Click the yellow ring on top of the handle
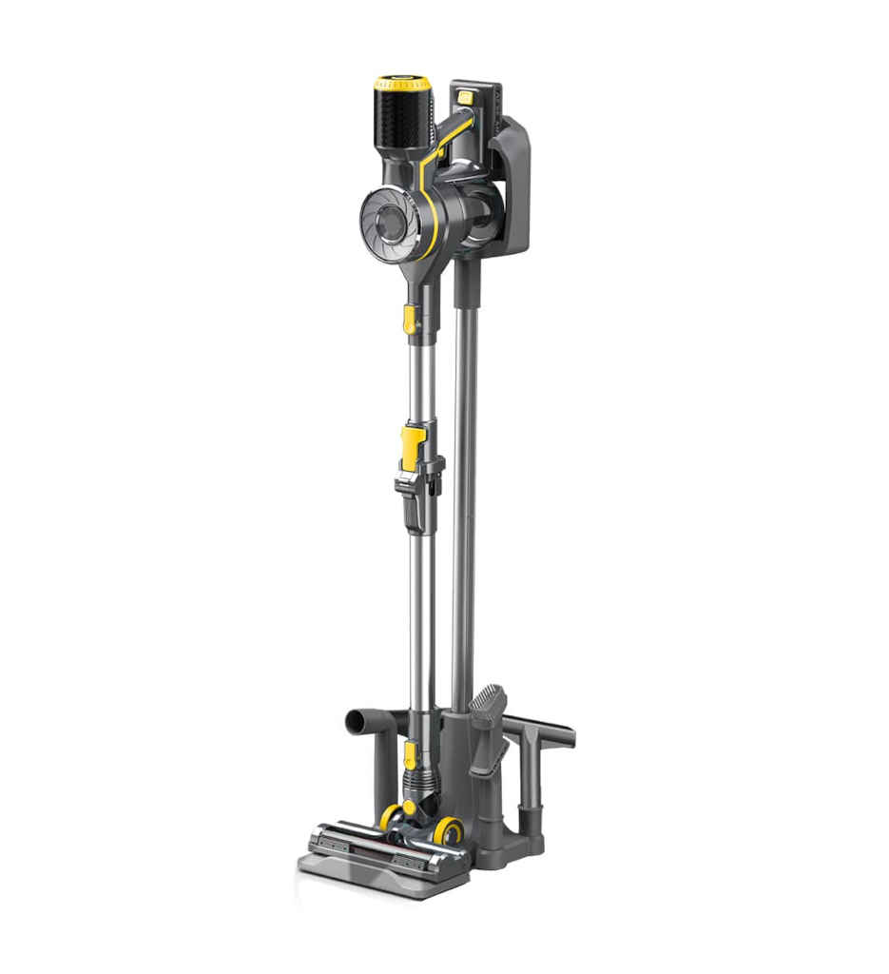pos(401,84)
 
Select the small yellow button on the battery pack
pos(464,97)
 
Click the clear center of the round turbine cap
pos(389,224)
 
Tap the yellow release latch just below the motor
pos(410,318)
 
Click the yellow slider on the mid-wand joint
pos(413,446)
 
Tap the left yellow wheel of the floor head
pos(390,816)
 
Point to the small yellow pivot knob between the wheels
pos(410,808)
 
